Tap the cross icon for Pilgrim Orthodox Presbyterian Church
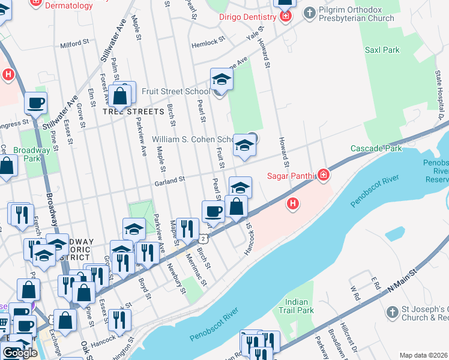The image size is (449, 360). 309,13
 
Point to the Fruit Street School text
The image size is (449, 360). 176,92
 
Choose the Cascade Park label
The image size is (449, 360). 376,148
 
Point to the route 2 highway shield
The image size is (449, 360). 204,239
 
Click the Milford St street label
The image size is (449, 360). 74,44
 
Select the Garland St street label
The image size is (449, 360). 169,181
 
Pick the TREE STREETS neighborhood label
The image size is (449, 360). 133,112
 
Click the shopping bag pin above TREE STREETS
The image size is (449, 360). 121,95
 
